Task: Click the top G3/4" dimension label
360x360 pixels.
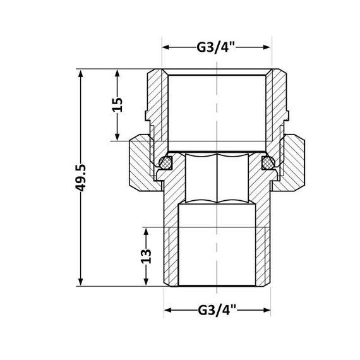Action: [217, 47]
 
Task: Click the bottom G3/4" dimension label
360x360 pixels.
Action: [217, 310]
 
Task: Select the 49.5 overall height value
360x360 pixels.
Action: [80, 177]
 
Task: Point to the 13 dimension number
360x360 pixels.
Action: [146, 256]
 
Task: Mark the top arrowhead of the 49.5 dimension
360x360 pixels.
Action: [80, 73]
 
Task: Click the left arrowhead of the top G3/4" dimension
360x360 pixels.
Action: [167, 47]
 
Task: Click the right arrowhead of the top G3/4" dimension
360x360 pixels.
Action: [268, 47]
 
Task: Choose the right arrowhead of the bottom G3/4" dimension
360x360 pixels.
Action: [268, 310]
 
